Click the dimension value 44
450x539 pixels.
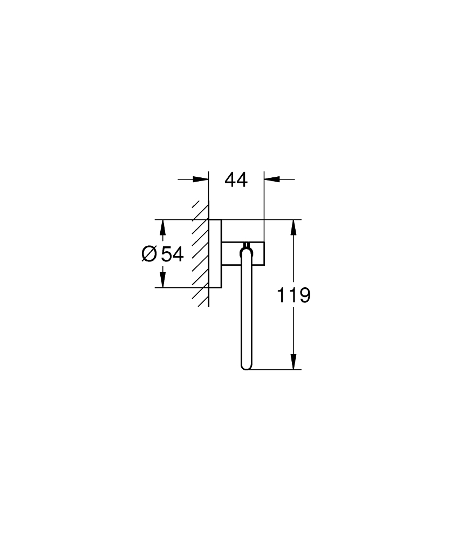[236, 180]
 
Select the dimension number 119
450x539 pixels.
[294, 295]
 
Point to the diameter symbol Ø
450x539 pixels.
[149, 254]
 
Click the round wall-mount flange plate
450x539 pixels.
[215, 253]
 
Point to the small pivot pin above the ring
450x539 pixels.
[246, 244]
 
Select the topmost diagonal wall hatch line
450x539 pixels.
[201, 208]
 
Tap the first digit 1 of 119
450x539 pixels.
[281, 295]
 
